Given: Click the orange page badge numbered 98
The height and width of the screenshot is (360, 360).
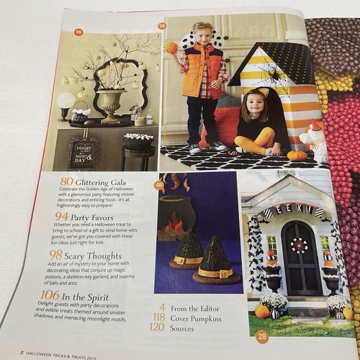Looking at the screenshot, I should [x=79, y=32].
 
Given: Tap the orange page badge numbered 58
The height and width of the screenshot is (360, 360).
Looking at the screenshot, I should [x=162, y=27].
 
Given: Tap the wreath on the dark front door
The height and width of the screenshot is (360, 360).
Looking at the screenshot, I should [x=298, y=245].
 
